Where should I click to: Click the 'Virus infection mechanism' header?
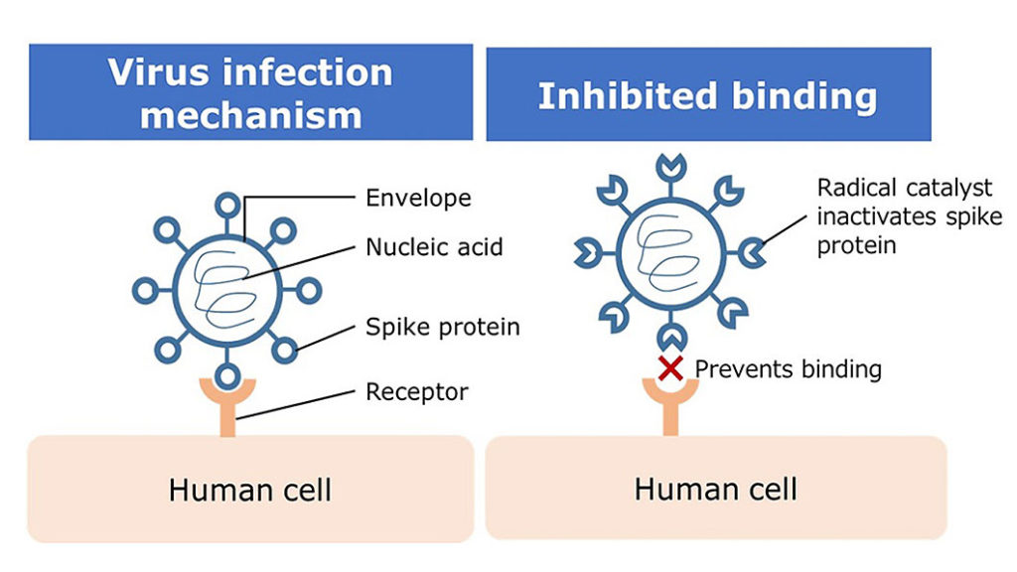[250, 92]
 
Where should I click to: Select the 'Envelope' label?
[418, 199]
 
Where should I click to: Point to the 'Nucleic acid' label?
[434, 247]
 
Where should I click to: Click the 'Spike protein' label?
[442, 327]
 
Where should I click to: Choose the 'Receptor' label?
[416, 392]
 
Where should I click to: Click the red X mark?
[670, 368]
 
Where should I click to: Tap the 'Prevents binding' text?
[788, 369]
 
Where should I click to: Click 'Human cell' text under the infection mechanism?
[249, 490]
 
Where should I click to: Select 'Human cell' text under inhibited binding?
[715, 489]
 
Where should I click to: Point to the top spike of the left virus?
[227, 207]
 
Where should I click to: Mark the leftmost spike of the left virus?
[145, 291]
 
